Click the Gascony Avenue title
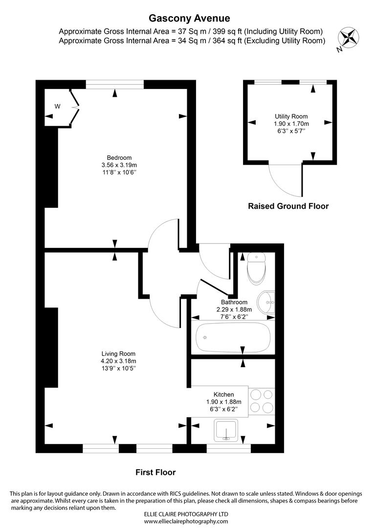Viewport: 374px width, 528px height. (189, 19)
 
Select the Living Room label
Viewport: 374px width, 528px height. (118, 353)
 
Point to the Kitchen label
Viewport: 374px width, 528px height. (223, 395)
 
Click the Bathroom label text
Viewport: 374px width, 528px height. (234, 302)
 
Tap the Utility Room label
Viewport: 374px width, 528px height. (291, 116)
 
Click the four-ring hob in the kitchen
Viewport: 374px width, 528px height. (262, 401)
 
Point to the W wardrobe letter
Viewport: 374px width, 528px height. (57, 106)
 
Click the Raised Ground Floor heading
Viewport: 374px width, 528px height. (288, 206)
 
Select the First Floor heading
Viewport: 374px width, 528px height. (155, 472)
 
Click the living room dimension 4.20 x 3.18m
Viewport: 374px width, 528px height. (118, 361)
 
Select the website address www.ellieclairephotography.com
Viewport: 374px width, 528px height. (186, 522)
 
